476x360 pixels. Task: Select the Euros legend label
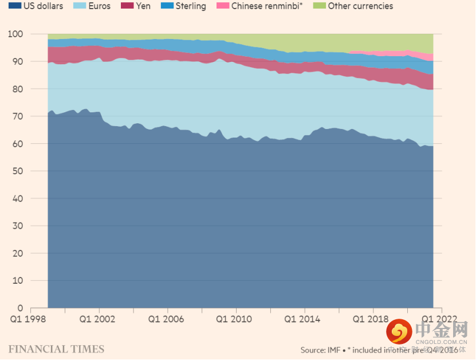(x=99, y=6)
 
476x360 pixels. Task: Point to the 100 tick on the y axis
(x=15, y=34)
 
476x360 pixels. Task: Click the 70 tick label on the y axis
(x=18, y=116)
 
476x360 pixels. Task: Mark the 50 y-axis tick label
(x=18, y=171)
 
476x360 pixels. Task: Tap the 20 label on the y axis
(x=18, y=253)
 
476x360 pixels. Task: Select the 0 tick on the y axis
(x=20, y=308)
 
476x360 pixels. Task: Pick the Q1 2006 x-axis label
(x=167, y=319)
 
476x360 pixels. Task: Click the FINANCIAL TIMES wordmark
(x=56, y=349)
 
